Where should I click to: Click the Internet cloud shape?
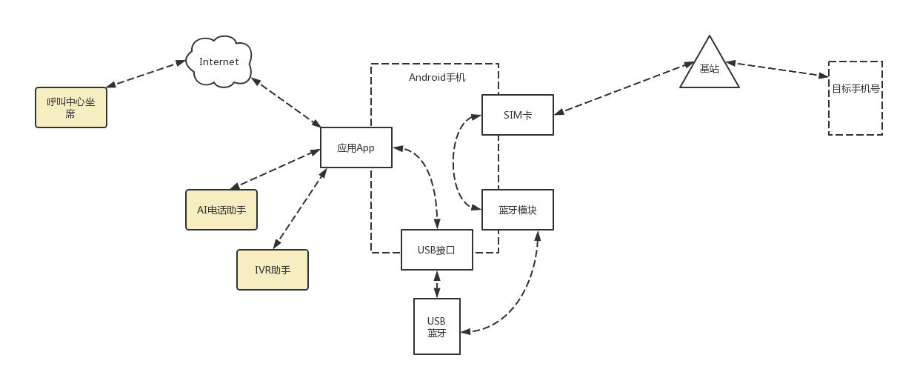pyautogui.click(x=219, y=62)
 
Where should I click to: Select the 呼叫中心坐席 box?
pyautogui.click(x=71, y=107)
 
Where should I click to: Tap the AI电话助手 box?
pyautogui.click(x=221, y=210)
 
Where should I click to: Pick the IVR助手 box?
pyautogui.click(x=272, y=270)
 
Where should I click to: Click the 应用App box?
pyautogui.click(x=356, y=147)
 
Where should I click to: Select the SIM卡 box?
pyautogui.click(x=517, y=115)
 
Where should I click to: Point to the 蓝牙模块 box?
pyautogui.click(x=517, y=210)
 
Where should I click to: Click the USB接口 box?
pyautogui.click(x=436, y=250)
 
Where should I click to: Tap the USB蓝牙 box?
pyautogui.click(x=436, y=327)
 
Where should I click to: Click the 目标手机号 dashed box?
pyautogui.click(x=855, y=98)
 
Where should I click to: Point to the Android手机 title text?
pyautogui.click(x=437, y=77)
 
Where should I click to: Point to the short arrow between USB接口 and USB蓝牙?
pyautogui.click(x=436, y=284)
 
